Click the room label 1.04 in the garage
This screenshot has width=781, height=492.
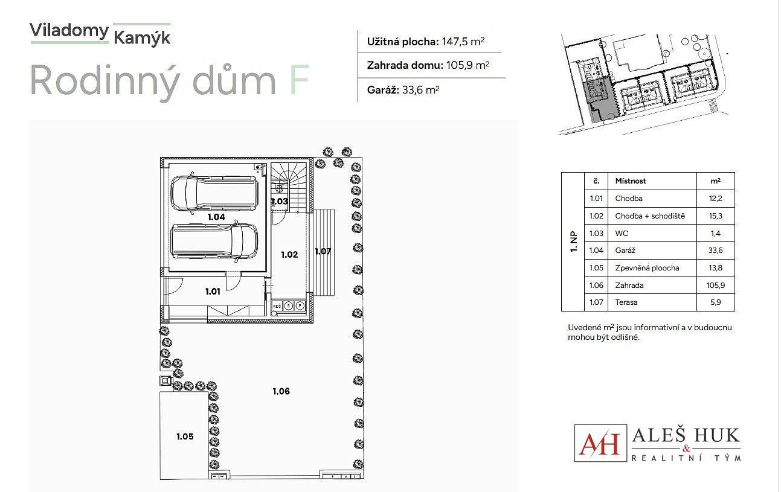point(216,217)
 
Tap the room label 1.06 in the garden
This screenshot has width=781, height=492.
point(281,391)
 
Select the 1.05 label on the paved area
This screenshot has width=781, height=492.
point(185,436)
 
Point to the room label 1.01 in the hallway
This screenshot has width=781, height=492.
point(213,292)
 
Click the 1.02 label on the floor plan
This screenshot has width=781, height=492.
point(289,255)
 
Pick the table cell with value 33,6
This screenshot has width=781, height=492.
point(715,250)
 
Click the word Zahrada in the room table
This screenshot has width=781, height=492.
point(629,286)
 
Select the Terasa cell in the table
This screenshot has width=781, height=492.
point(626,302)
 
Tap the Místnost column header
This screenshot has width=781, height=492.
point(631,181)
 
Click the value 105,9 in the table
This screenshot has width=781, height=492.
point(715,286)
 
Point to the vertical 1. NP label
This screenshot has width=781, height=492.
point(573,242)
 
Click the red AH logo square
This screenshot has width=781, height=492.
point(600,443)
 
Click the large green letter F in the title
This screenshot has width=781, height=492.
point(299,80)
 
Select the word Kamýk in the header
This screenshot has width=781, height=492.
point(142,37)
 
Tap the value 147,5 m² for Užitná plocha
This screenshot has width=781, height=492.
point(463,42)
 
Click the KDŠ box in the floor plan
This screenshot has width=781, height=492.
point(277,306)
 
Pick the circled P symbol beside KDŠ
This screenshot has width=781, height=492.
point(300,306)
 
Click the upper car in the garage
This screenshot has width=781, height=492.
point(215,193)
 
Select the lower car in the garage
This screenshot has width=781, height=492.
point(214,241)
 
